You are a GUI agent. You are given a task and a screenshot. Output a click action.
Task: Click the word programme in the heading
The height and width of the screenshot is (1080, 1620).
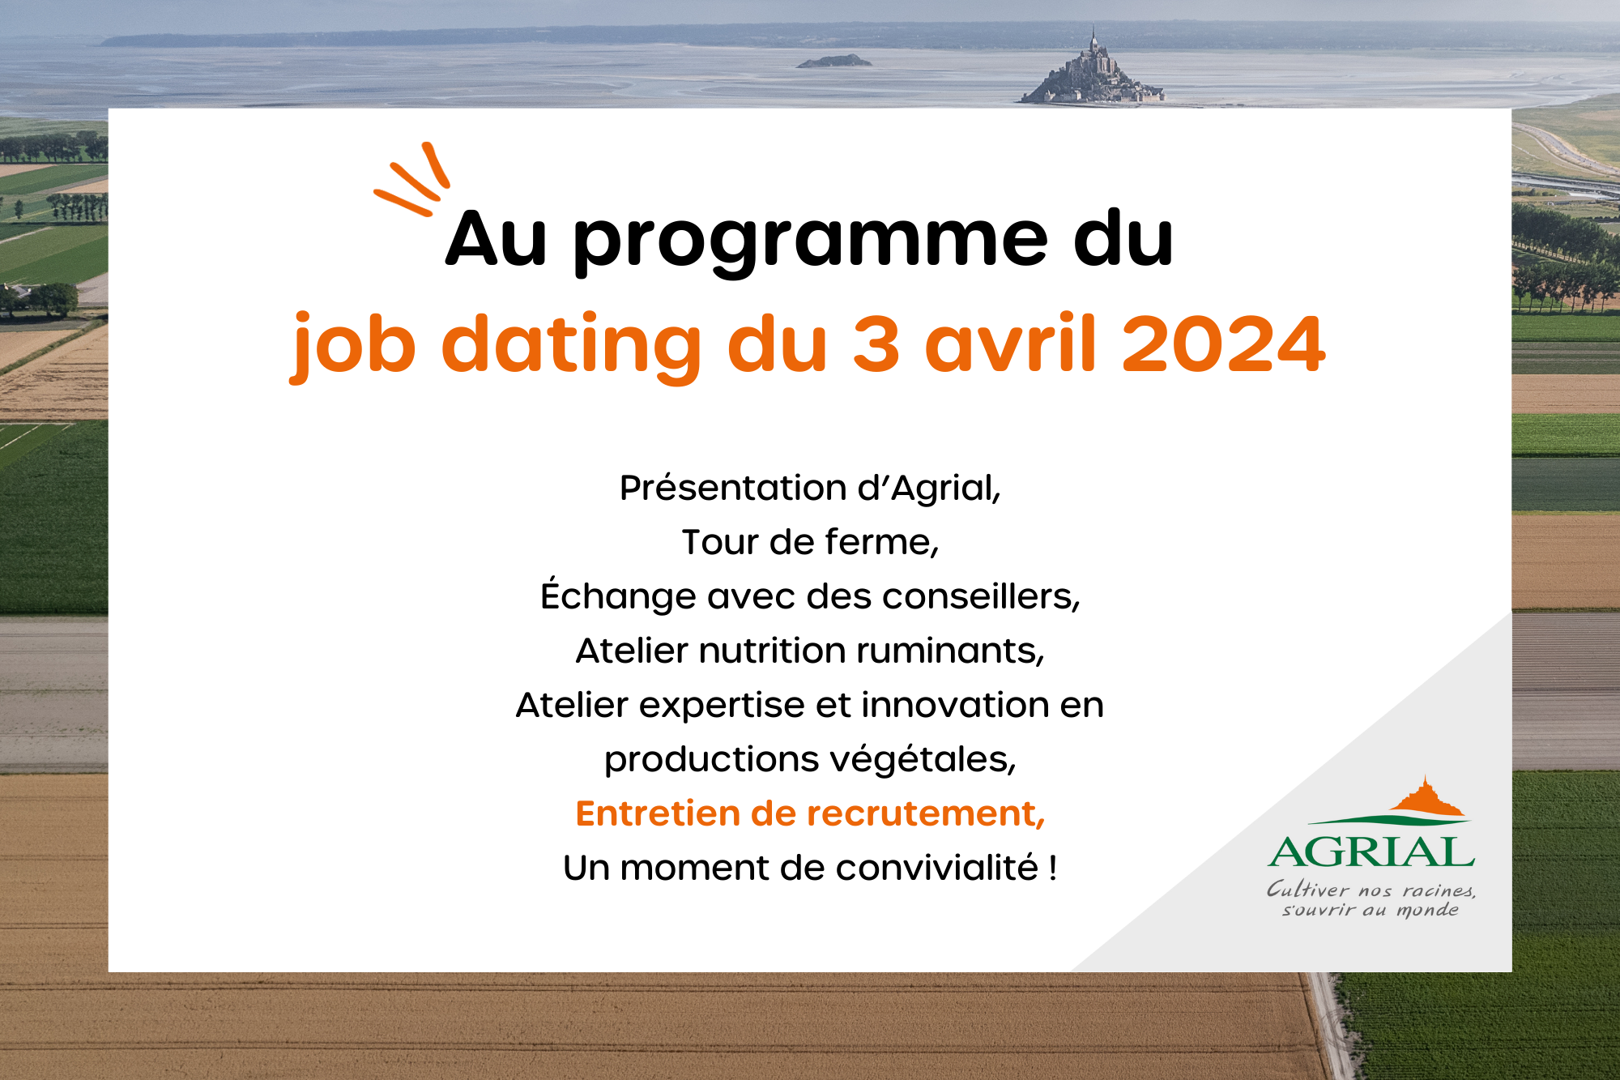[810, 241]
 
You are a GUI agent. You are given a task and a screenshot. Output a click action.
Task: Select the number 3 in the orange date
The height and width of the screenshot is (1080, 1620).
[876, 344]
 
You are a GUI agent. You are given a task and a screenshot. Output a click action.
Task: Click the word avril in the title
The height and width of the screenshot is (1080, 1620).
[1010, 344]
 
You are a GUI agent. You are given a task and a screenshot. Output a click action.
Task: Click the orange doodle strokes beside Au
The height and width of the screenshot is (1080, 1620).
[413, 180]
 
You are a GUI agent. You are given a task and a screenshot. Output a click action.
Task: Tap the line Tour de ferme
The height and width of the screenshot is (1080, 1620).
[810, 542]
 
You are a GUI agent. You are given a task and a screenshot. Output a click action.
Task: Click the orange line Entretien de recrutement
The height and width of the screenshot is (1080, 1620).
[810, 813]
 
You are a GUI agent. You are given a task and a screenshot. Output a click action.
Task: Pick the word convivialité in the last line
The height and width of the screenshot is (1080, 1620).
[937, 868]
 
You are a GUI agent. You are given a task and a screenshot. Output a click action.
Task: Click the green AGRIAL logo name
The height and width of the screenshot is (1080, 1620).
[1371, 852]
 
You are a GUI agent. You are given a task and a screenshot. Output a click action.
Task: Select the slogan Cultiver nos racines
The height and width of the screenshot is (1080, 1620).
[1371, 890]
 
